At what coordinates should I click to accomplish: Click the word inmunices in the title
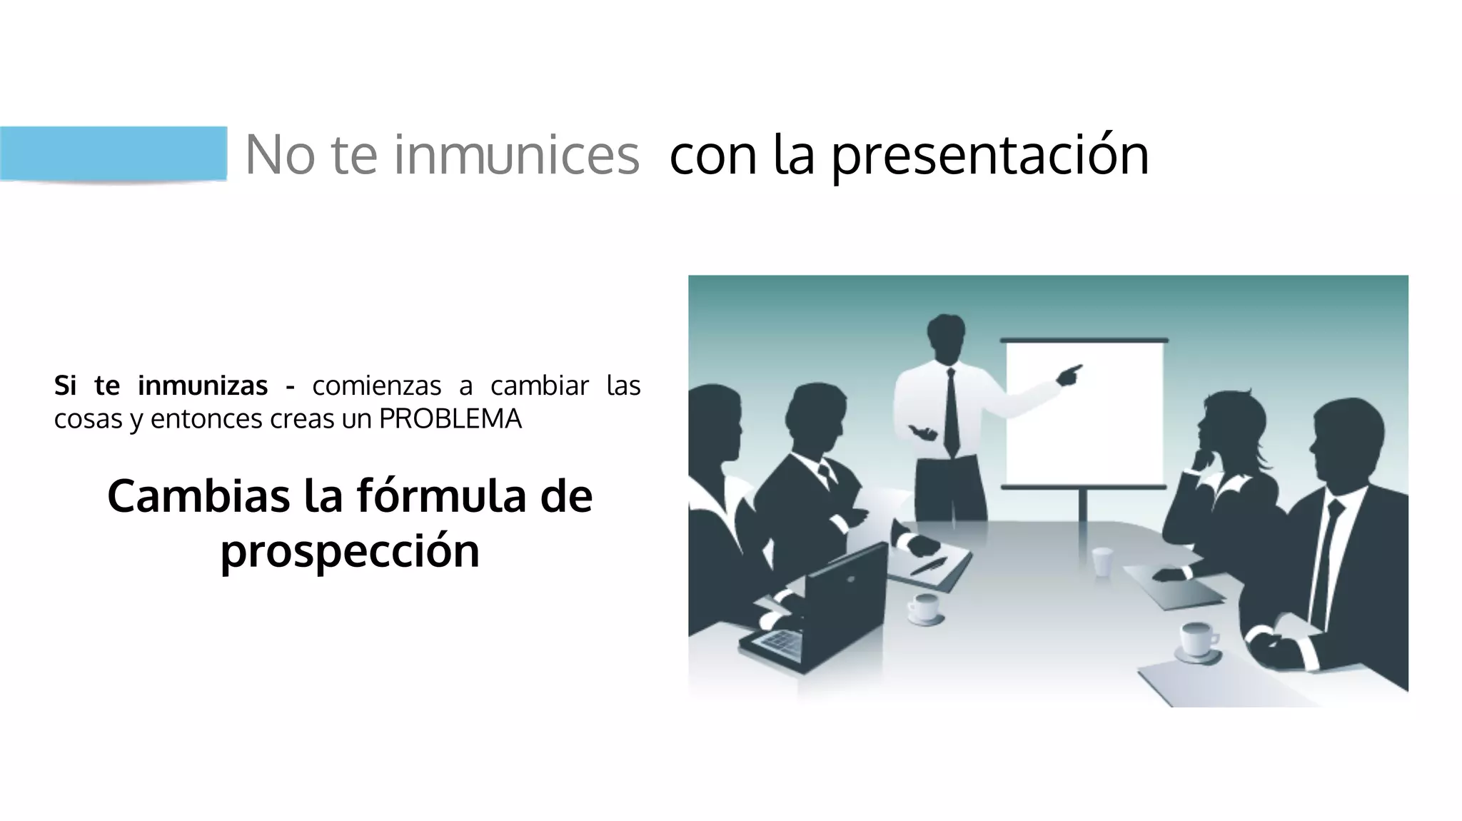[x=516, y=155]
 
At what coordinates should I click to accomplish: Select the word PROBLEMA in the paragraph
[x=450, y=419]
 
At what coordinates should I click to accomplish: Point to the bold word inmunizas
[x=203, y=386]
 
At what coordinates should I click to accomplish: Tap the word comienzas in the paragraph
[x=376, y=386]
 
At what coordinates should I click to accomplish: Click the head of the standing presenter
[x=947, y=337]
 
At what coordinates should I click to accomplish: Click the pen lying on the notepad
[x=928, y=566]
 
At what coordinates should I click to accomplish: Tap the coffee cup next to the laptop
[x=924, y=608]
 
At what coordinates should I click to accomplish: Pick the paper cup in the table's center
[x=1102, y=561]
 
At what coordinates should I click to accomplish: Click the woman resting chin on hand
[x=1224, y=457]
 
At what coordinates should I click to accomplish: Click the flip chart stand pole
[x=1083, y=505]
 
